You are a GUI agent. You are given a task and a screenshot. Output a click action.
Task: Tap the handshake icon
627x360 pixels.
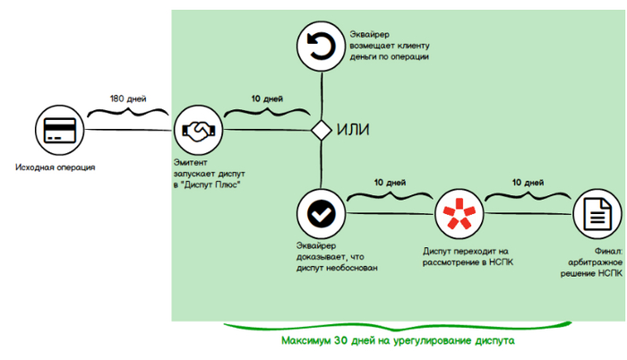pos(198,130)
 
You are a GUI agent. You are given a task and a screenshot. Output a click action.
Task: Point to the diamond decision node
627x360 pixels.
pos(322,130)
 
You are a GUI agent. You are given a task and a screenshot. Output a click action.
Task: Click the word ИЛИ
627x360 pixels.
pos(353,130)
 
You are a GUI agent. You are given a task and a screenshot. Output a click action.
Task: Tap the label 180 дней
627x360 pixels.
pos(127,98)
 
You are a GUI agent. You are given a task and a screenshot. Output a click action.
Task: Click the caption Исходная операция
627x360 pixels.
pos(56,168)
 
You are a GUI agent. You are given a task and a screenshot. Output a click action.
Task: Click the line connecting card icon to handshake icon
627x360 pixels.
pos(129,131)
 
